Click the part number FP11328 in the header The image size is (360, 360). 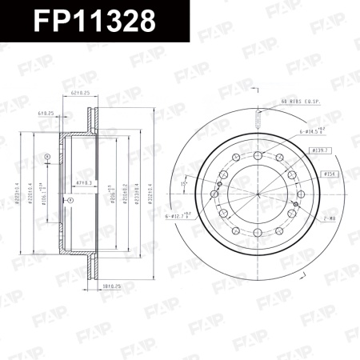[94, 22]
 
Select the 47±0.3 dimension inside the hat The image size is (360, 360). [82, 183]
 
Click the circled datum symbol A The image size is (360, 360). [47, 156]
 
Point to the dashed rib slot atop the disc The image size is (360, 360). [255, 120]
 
